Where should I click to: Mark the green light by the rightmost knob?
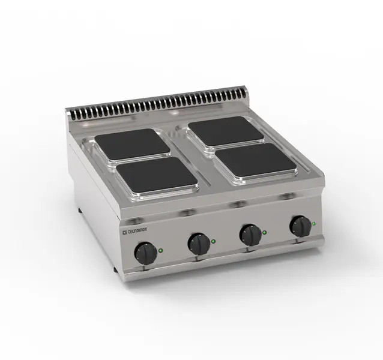(x=313, y=225)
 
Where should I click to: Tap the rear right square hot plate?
(x=223, y=131)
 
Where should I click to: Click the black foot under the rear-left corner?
(x=79, y=211)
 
